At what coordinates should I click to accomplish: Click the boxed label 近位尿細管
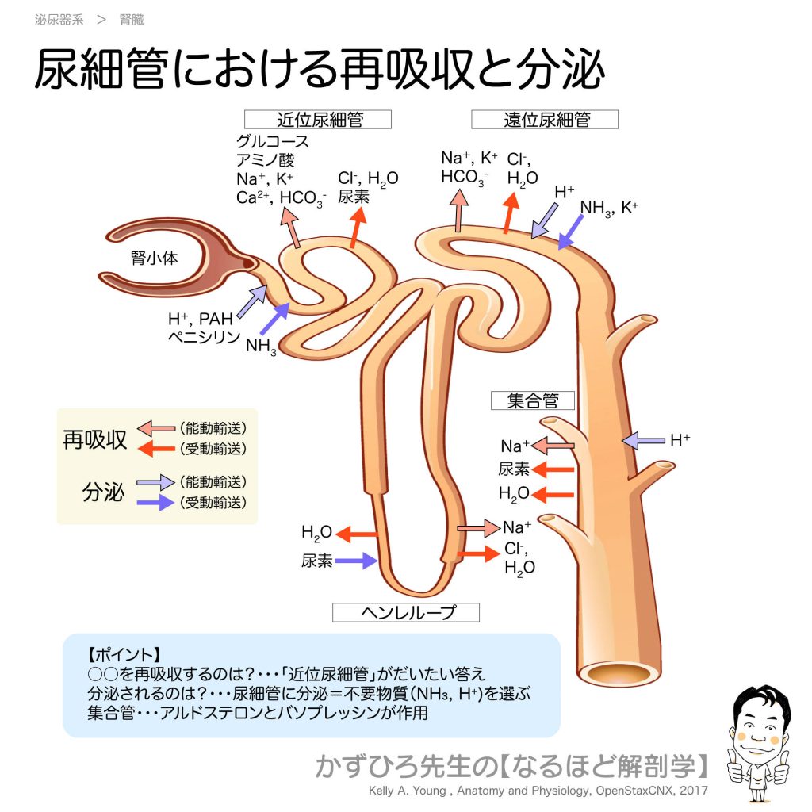coord(319,119)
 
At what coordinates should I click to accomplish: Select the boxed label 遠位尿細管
coord(546,119)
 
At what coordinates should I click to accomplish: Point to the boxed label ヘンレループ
coord(405,612)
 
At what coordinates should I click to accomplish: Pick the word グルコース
coord(273,143)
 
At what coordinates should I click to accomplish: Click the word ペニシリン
coord(202,337)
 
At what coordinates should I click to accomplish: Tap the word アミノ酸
coord(265,161)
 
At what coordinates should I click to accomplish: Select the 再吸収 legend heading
coord(94,440)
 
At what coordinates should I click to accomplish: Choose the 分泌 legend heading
coord(103,492)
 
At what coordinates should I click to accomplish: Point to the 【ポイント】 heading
coord(124,655)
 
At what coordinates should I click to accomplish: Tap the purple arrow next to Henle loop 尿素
coord(355,561)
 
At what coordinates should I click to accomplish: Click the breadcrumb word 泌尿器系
coord(59,20)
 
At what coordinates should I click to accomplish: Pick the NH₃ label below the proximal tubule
coord(262,346)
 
